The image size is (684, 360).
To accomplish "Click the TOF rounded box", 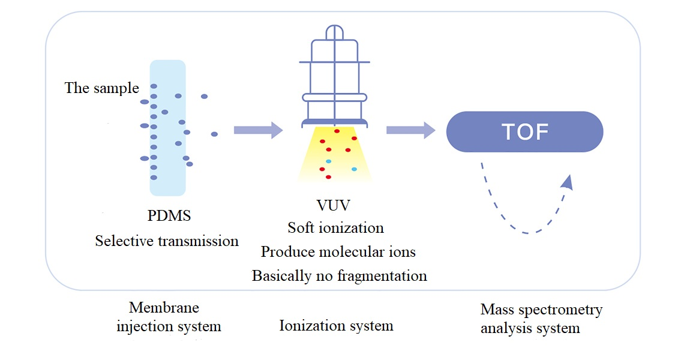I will coord(524,131).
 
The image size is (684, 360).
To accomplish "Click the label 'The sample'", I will coord(101,88).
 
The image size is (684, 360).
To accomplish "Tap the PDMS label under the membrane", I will coord(169,215).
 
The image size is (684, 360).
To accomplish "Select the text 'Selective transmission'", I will coord(167,241).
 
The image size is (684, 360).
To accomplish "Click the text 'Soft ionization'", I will coord(335,228).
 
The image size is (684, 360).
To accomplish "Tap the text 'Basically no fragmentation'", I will coord(339,276).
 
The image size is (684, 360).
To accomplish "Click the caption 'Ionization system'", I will coord(336,326).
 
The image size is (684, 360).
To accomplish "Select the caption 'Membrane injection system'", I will coord(169,317).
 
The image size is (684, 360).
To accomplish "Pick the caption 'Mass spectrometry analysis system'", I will coord(541,319).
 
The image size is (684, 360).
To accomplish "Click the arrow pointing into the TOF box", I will coord(410,130).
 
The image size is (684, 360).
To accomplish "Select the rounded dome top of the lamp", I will coord(335,33).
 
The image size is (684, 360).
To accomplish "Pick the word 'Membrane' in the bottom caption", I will coord(164,308).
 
